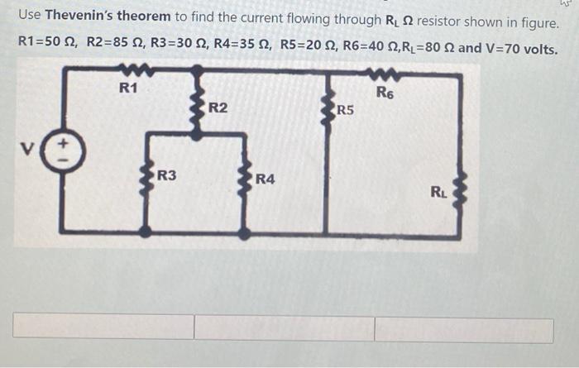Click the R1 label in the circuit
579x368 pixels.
[128, 88]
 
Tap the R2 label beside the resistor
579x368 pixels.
[218, 108]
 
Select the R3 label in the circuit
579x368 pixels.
[166, 175]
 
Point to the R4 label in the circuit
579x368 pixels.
[266, 179]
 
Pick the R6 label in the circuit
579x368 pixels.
[385, 91]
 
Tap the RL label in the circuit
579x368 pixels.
[438, 193]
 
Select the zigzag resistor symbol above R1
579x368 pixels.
[130, 72]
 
